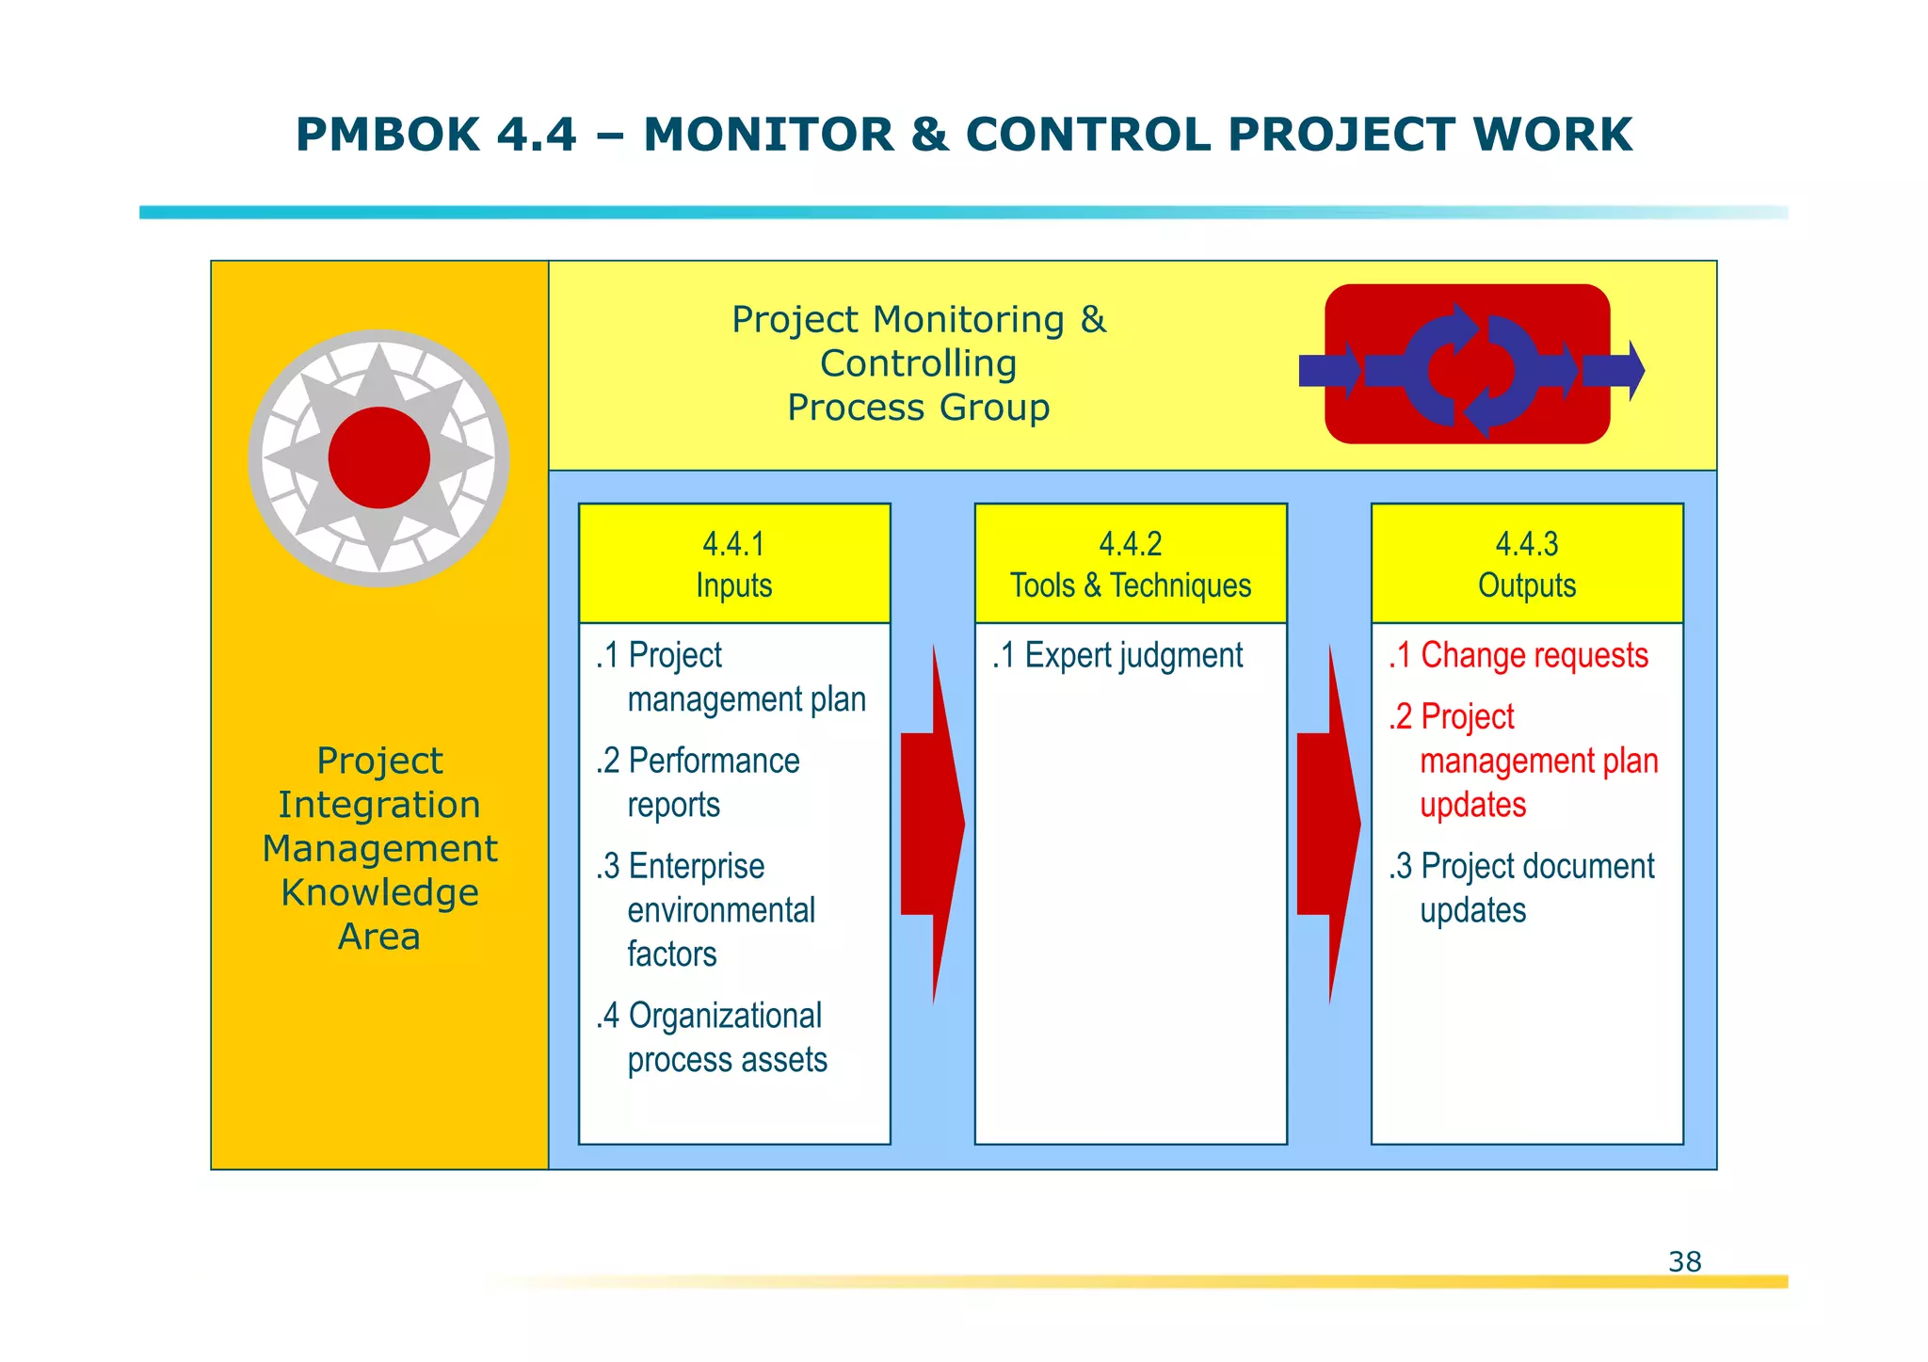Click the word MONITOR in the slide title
tap(767, 135)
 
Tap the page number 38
tap(1684, 1261)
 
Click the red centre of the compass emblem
tap(379, 458)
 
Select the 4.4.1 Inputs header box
tap(734, 564)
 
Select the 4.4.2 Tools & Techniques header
tap(1131, 564)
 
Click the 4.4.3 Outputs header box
tap(1526, 564)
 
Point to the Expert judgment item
tap(1118, 655)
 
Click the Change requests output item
tap(1518, 655)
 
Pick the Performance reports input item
tap(699, 782)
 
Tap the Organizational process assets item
tap(712, 1037)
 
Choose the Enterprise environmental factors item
tap(706, 909)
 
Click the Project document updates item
tap(1521, 888)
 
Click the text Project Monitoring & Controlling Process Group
tap(919, 363)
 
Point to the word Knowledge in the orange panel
tap(379, 892)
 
